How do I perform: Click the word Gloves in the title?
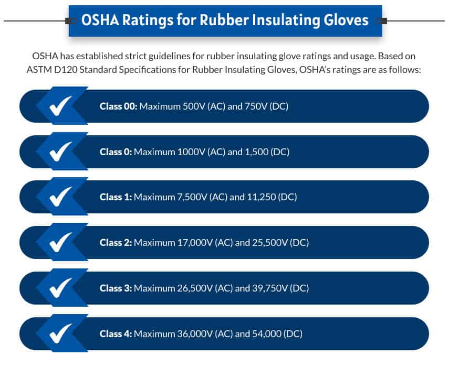tap(346, 20)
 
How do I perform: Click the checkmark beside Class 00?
tap(60, 106)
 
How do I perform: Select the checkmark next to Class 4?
tap(60, 333)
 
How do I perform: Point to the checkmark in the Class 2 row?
tap(60, 242)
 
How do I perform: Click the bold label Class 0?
tap(116, 152)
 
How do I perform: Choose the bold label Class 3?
tap(116, 288)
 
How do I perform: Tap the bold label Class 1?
tap(116, 197)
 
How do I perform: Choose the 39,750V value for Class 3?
tap(270, 288)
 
